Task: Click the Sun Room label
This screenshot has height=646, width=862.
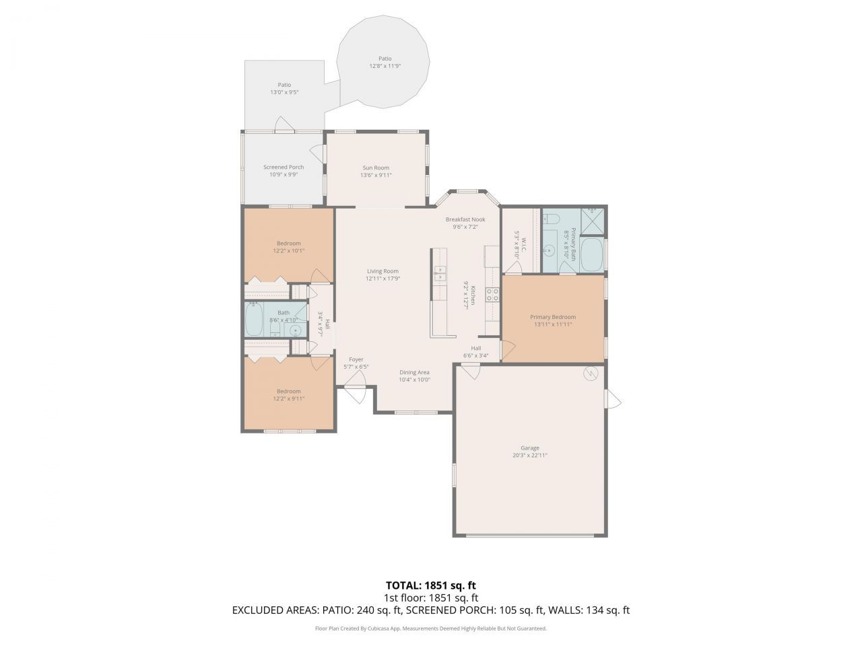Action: click(x=376, y=168)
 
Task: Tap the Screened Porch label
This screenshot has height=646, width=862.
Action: click(x=283, y=167)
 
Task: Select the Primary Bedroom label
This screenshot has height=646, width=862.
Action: click(x=553, y=317)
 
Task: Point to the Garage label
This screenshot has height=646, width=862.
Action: click(x=529, y=447)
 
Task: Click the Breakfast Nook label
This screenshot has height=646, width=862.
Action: click(x=465, y=219)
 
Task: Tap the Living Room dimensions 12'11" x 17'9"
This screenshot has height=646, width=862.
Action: click(x=383, y=279)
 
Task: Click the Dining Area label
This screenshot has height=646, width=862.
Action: click(x=414, y=372)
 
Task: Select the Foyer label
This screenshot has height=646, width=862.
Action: click(x=356, y=359)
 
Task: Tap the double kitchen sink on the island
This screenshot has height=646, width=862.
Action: click(x=439, y=273)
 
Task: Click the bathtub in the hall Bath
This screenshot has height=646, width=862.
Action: click(x=254, y=320)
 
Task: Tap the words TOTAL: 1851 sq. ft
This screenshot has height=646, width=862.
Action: click(x=430, y=585)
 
